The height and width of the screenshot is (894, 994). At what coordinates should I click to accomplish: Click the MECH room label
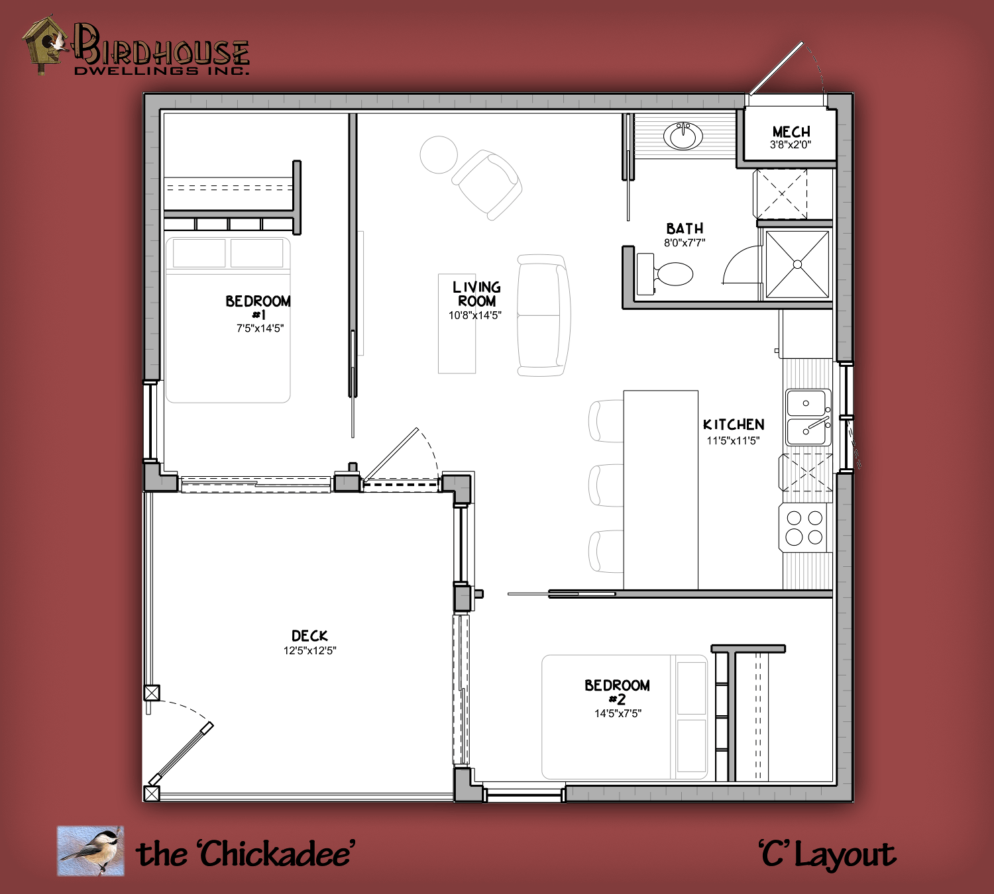(x=791, y=132)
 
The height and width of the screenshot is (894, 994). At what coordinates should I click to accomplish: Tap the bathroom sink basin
(x=683, y=136)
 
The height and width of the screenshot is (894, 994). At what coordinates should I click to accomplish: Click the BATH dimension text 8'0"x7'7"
(x=685, y=242)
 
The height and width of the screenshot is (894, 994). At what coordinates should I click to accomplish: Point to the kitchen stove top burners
(x=804, y=528)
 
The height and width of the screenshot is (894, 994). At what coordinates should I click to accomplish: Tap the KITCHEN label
(x=734, y=424)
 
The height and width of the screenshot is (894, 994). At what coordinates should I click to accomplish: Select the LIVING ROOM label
(x=476, y=294)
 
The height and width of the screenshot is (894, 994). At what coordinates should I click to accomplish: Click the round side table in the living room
(x=439, y=154)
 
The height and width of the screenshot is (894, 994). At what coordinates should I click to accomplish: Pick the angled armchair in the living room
(x=486, y=184)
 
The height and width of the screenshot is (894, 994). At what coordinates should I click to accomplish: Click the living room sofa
(x=543, y=315)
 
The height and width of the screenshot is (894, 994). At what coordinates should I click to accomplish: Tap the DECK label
(x=309, y=636)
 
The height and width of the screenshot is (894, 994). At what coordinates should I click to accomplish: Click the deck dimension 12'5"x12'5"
(x=309, y=651)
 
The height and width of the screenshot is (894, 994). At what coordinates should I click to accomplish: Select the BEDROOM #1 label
(x=258, y=307)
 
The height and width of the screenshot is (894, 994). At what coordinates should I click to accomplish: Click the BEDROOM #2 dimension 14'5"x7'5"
(x=618, y=714)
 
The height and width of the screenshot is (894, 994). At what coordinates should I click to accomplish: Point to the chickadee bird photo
(x=91, y=850)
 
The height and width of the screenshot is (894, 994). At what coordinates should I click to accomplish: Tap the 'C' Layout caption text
(x=827, y=854)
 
